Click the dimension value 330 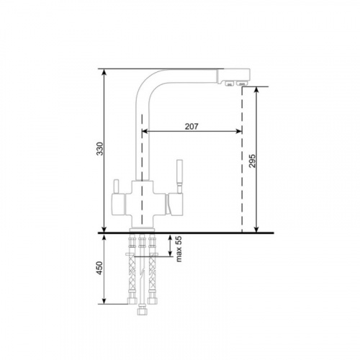(100, 149)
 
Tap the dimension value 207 (192, 126)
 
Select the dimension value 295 (252, 161)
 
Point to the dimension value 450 (99, 268)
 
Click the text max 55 (179, 249)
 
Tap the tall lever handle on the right (180, 176)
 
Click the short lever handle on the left (117, 186)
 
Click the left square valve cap (118, 204)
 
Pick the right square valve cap (175, 204)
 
